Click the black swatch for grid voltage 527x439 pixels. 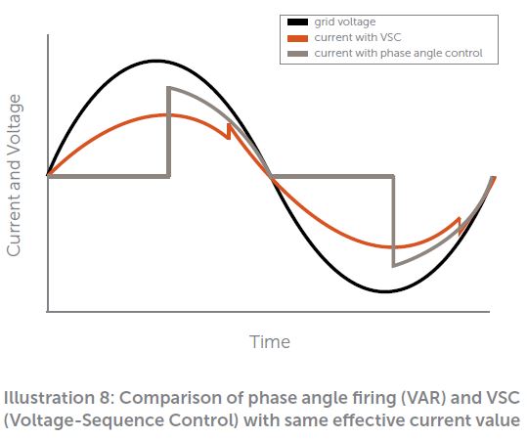tap(297, 22)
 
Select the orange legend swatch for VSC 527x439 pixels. tap(297, 38)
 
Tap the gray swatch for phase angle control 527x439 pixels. tap(297, 54)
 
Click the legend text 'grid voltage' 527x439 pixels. tap(345, 22)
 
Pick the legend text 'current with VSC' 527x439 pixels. tap(358, 38)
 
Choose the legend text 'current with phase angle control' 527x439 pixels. tap(398, 54)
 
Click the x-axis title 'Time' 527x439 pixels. tap(270, 342)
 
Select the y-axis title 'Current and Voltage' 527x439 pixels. tap(14, 175)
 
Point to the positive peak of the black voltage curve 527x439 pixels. tap(156, 62)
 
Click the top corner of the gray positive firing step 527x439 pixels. tap(169, 88)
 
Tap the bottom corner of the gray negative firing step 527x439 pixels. tap(394, 266)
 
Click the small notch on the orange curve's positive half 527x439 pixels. tap(229, 131)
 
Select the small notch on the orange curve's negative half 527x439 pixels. tap(460, 226)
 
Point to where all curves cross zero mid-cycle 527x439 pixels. tap(271, 176)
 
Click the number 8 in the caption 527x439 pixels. tap(105, 398)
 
